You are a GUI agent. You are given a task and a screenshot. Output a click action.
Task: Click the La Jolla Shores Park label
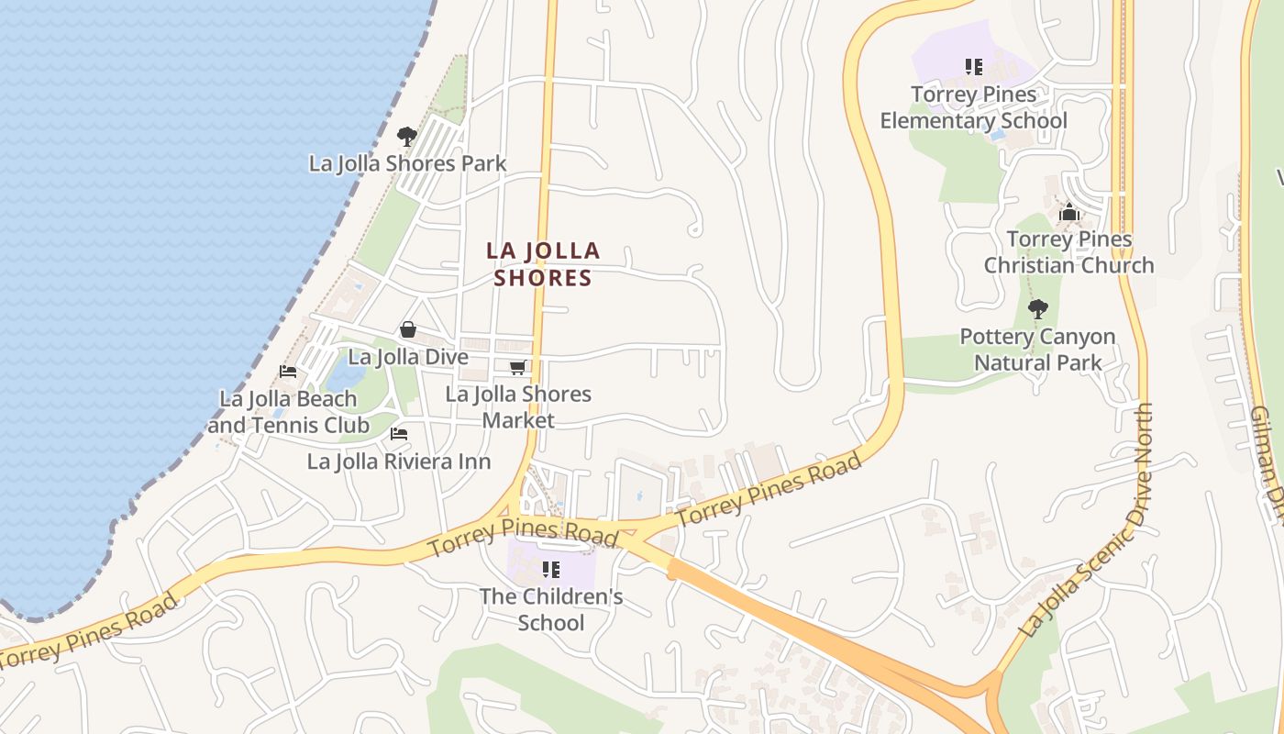click(407, 163)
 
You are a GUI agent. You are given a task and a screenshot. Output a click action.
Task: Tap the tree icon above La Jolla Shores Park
click(407, 138)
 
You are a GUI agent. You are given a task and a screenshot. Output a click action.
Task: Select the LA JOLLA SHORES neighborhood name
click(543, 263)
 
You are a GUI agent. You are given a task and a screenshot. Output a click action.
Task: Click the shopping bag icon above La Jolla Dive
click(408, 329)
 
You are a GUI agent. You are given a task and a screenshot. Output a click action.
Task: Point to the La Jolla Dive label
click(408, 357)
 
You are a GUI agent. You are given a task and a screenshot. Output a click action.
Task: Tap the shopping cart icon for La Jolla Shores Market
click(517, 368)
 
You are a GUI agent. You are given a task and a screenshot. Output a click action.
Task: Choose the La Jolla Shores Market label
click(518, 406)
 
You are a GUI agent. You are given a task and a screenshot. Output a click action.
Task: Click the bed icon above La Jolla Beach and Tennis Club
click(288, 372)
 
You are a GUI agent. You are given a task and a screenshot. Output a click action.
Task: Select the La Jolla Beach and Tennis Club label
click(288, 412)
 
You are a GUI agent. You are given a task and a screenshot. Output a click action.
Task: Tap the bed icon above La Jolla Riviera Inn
click(399, 434)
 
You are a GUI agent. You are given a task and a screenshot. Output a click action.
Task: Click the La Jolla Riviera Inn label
click(399, 462)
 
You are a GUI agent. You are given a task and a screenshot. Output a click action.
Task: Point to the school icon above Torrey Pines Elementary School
click(973, 67)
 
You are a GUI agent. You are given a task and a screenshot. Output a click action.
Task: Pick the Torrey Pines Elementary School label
click(973, 107)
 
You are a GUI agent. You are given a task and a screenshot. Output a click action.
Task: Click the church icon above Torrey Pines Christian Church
click(1068, 214)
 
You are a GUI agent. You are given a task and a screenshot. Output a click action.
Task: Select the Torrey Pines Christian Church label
click(1068, 252)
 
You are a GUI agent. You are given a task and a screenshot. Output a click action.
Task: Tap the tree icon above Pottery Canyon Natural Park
click(1037, 309)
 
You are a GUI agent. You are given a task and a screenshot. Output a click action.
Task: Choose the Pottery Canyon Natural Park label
click(1037, 350)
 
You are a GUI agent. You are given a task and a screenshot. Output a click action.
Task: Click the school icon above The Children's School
click(550, 570)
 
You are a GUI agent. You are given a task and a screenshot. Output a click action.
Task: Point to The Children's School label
click(550, 609)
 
